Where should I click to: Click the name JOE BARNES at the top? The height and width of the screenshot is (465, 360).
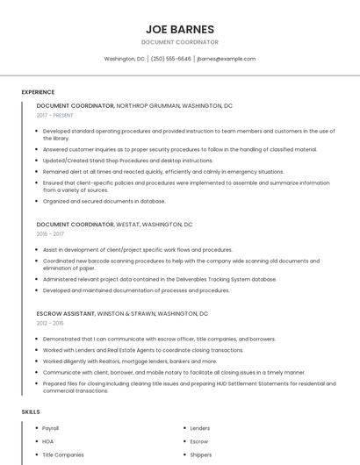pyautogui.click(x=179, y=28)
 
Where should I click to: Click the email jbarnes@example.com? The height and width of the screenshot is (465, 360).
pyautogui.click(x=226, y=59)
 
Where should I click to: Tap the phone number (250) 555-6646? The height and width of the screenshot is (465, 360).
pyautogui.click(x=170, y=59)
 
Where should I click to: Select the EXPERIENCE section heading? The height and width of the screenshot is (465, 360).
pyautogui.click(x=38, y=92)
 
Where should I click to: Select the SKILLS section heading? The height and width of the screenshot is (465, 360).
pyautogui.click(x=31, y=411)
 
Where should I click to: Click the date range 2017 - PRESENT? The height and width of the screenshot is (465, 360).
pyautogui.click(x=54, y=115)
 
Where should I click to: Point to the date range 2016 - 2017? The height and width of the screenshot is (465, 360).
pyautogui.click(x=50, y=234)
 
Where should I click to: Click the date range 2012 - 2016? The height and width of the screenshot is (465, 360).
pyautogui.click(x=50, y=323)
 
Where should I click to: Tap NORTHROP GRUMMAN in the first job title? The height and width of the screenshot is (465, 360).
pyautogui.click(x=148, y=105)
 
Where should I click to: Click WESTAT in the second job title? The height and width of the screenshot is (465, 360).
pyautogui.click(x=127, y=225)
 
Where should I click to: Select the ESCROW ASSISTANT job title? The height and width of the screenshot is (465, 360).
pyautogui.click(x=65, y=313)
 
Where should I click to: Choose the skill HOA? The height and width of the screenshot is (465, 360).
pyautogui.click(x=48, y=441)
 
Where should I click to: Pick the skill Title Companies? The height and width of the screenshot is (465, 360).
pyautogui.click(x=63, y=454)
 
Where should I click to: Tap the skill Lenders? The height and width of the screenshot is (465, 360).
pyautogui.click(x=200, y=428)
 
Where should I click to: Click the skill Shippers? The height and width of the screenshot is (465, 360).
pyautogui.click(x=200, y=454)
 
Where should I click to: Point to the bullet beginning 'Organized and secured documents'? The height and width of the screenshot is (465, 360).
pyautogui.click(x=104, y=201)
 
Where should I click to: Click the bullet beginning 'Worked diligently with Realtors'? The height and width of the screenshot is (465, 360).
pyautogui.click(x=117, y=361)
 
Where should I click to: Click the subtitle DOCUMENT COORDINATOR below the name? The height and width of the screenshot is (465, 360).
pyautogui.click(x=179, y=42)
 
